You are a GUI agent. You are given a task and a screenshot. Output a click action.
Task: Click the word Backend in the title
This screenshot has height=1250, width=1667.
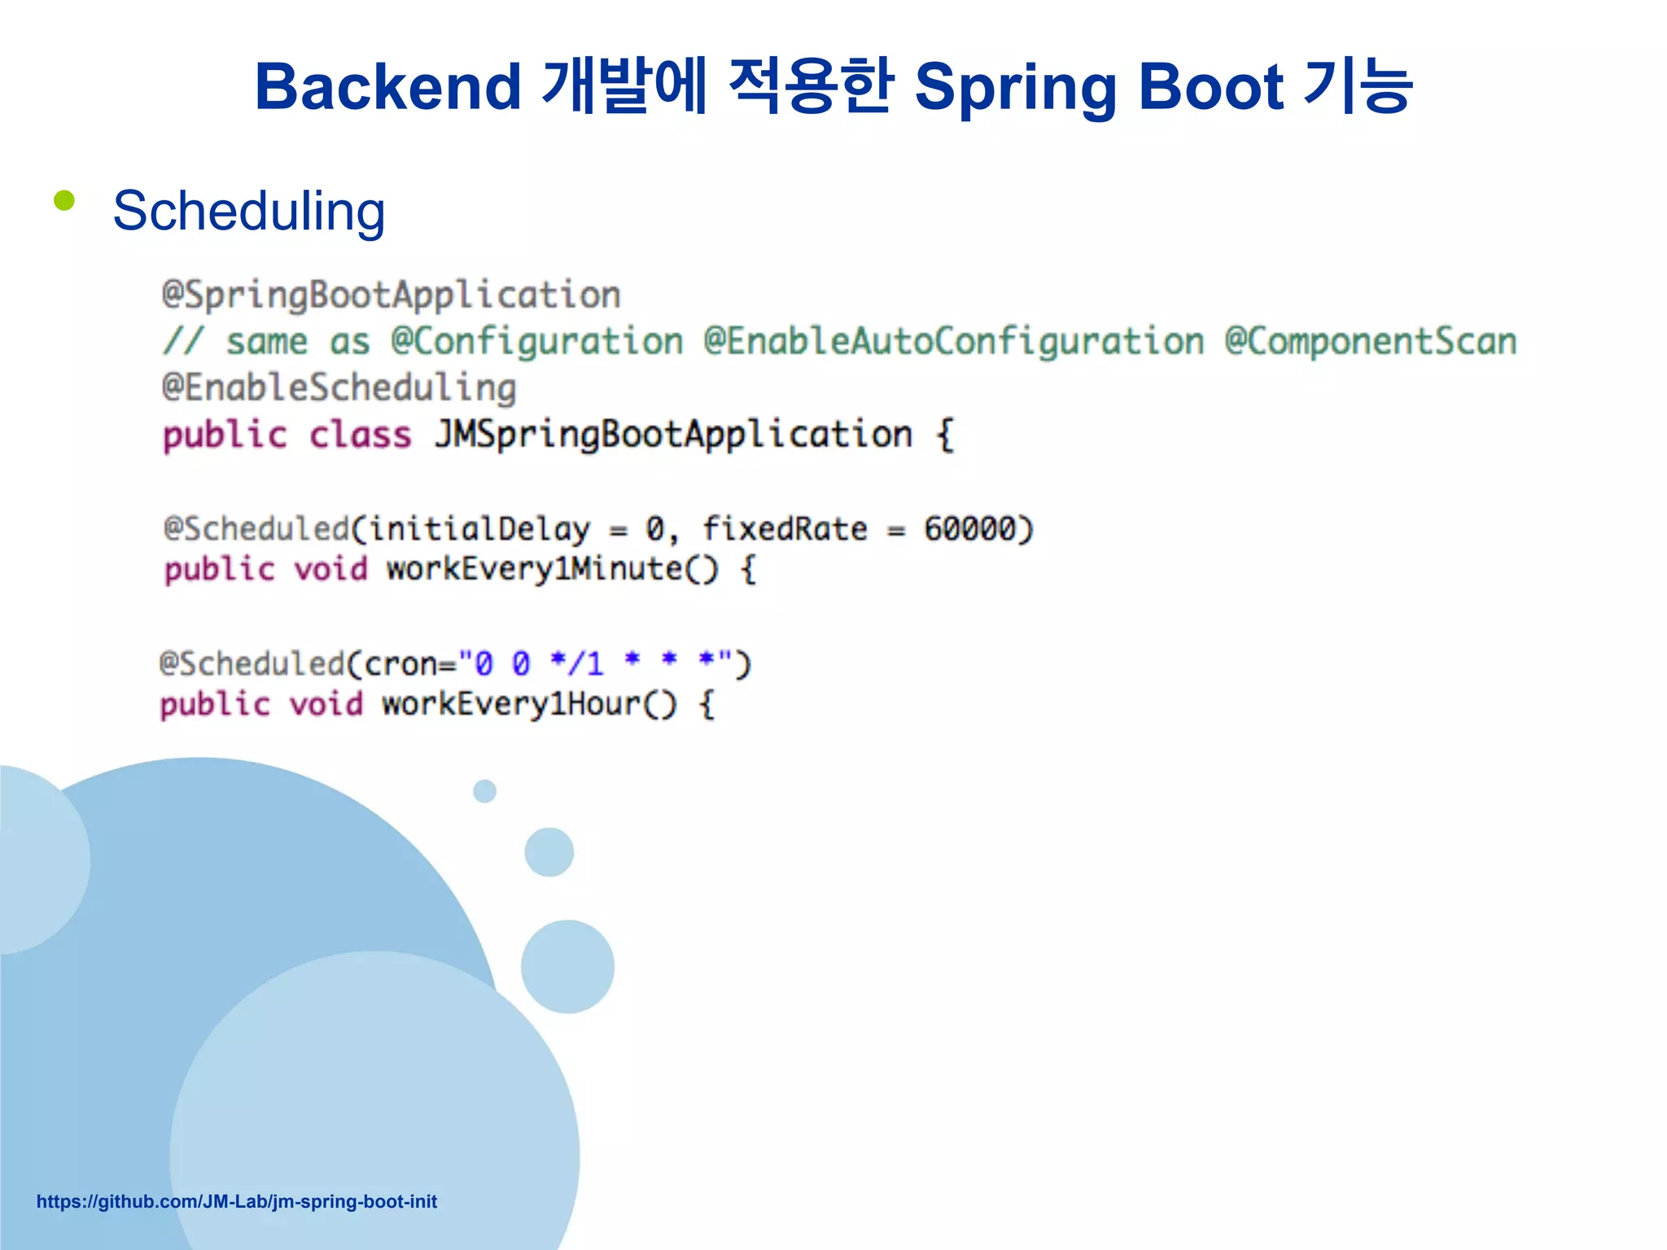click(387, 86)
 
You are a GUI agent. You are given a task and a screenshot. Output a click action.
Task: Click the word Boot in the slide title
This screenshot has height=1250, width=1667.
click(1211, 86)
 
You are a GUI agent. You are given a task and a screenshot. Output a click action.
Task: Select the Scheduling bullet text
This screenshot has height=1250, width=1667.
click(248, 212)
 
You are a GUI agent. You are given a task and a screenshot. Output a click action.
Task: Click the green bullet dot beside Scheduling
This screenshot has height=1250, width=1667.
click(64, 200)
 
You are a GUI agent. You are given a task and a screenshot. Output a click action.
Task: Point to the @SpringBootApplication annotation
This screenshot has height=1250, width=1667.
click(391, 295)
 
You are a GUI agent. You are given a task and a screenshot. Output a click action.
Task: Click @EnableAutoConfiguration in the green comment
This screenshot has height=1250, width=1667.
click(953, 341)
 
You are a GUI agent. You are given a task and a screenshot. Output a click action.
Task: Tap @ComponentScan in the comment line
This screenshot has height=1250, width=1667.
click(1371, 341)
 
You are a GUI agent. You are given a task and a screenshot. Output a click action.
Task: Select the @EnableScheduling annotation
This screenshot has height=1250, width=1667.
click(339, 388)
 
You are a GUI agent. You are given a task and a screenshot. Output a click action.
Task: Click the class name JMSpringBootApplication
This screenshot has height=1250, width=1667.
click(673, 435)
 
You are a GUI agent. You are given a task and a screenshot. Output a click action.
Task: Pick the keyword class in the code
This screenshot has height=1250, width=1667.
click(360, 435)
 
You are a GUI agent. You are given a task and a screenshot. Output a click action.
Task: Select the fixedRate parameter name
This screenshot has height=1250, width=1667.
click(785, 529)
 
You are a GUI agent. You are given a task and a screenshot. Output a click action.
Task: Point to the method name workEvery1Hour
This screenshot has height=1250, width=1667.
click(513, 704)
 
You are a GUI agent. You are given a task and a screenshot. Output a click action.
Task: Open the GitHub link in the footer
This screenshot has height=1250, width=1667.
click(237, 1201)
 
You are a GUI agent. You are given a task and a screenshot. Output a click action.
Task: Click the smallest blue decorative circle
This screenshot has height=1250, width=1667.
click(484, 791)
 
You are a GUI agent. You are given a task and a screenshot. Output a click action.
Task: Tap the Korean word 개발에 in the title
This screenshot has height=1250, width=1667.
click(623, 86)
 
